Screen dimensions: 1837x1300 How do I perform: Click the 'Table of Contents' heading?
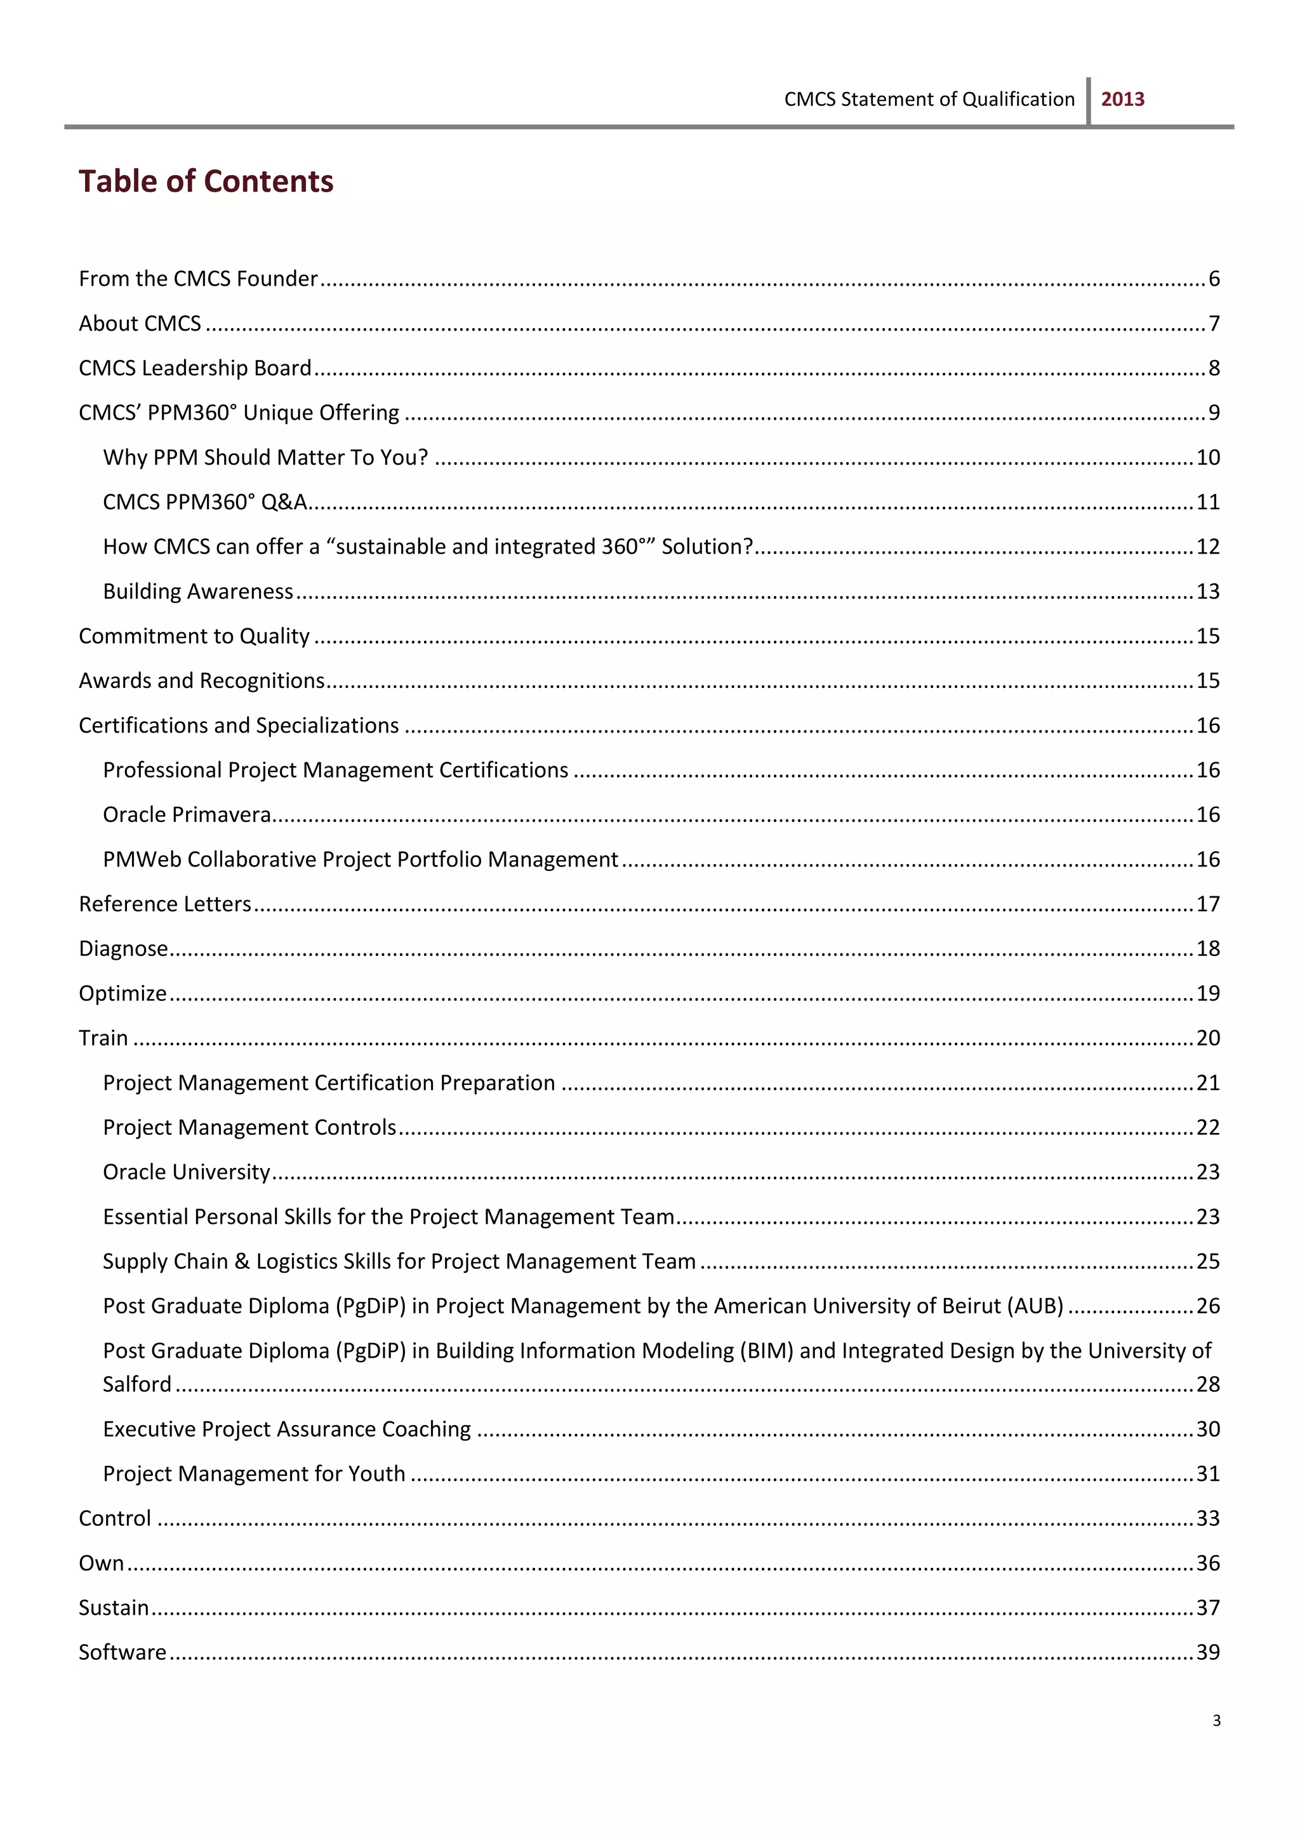click(206, 182)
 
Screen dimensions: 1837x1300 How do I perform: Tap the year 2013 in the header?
click(1122, 99)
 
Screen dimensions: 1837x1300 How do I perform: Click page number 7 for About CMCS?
click(1214, 323)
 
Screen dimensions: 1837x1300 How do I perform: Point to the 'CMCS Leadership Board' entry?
click(194, 368)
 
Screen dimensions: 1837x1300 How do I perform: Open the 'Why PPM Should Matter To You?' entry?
click(265, 457)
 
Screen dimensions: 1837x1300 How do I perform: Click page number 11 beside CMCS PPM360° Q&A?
click(1207, 502)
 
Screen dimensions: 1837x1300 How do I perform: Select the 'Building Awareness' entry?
click(197, 592)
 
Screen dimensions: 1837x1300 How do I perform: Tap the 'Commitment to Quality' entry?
click(194, 636)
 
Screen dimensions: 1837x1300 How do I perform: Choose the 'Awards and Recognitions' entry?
click(201, 680)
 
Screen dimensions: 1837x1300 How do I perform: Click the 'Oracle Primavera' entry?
click(187, 815)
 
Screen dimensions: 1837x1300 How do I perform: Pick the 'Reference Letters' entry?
click(165, 904)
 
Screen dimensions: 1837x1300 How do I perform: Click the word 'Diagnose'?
click(123, 948)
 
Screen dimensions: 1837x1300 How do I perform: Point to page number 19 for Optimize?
click(1207, 993)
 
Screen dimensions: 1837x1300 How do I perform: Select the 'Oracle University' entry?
click(187, 1172)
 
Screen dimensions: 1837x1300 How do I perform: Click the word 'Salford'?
click(137, 1384)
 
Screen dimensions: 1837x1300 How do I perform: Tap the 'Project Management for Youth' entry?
click(254, 1474)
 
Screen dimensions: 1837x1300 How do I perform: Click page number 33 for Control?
click(1207, 1518)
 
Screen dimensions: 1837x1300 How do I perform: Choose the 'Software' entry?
click(123, 1652)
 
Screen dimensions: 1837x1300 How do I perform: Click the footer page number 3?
click(1216, 1720)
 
